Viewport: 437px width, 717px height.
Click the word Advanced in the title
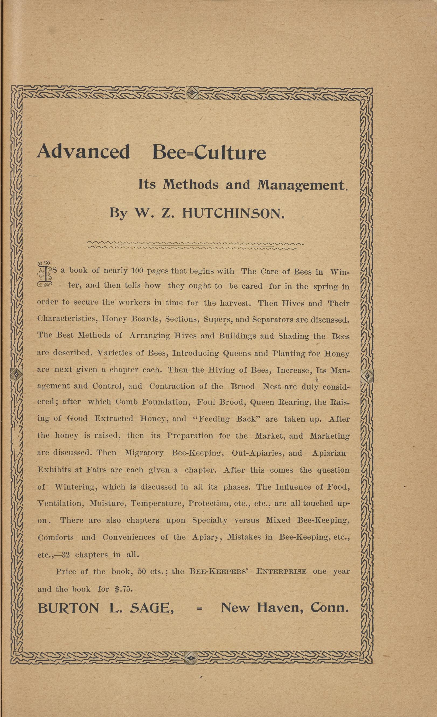84,152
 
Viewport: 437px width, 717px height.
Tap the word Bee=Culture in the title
209,152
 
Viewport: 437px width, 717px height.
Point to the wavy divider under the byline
195,245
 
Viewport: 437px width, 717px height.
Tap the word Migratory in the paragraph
144,453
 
